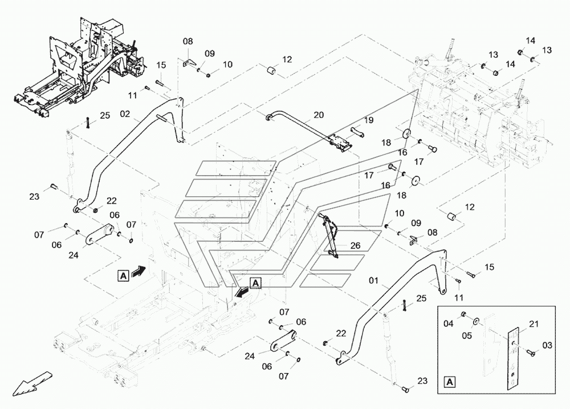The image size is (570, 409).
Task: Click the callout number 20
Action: pos(319,115)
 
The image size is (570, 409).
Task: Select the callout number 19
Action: pos(369,120)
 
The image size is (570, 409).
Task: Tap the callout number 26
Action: pos(355,246)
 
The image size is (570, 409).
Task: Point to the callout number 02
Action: pos(125,114)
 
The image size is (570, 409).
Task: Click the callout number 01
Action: pos(374,281)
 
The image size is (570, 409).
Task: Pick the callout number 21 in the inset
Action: pos(534,324)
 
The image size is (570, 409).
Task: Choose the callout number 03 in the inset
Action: pos(547,345)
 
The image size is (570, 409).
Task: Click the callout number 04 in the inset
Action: pos(449,323)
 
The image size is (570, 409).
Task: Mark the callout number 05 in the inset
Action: pos(467,335)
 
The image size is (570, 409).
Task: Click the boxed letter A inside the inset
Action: pos(450,382)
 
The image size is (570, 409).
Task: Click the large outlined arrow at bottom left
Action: pos(32,383)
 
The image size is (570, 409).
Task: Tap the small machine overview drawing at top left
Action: pos(80,67)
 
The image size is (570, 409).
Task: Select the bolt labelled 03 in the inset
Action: pos(531,352)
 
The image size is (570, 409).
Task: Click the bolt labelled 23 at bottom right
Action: pos(405,390)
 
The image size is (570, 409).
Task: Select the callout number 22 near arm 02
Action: pos(112,201)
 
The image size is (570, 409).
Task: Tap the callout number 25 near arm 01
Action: pos(421,298)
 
